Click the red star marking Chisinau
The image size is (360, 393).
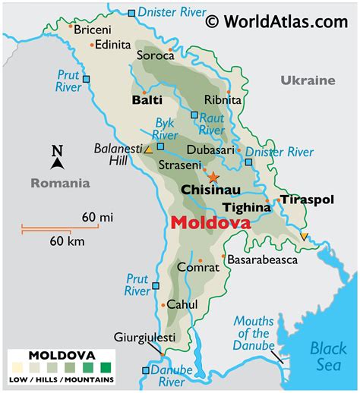pyautogui.click(x=213, y=177)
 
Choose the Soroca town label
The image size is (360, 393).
pyautogui.click(x=152, y=55)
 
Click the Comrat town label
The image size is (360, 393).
pyautogui.click(x=194, y=267)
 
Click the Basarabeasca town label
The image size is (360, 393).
pyautogui.click(x=262, y=259)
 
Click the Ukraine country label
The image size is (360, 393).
pyautogui.click(x=307, y=80)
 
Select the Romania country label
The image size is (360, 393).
pyautogui.click(x=60, y=183)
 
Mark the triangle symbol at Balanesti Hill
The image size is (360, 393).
pyautogui.click(x=150, y=149)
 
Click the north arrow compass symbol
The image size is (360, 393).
pyautogui.click(x=57, y=156)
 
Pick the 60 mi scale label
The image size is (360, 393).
pyautogui.click(x=97, y=218)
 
